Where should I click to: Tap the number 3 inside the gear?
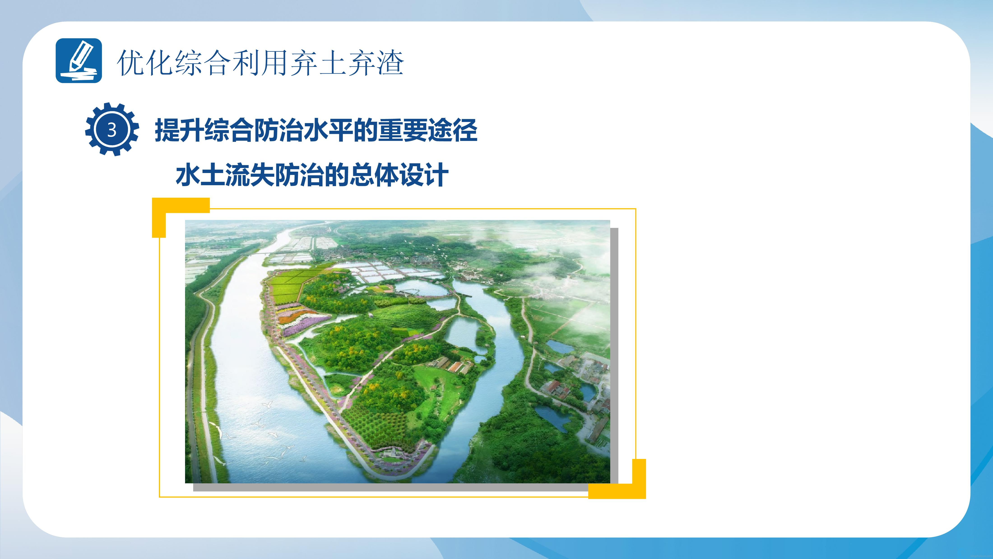click(112, 130)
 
